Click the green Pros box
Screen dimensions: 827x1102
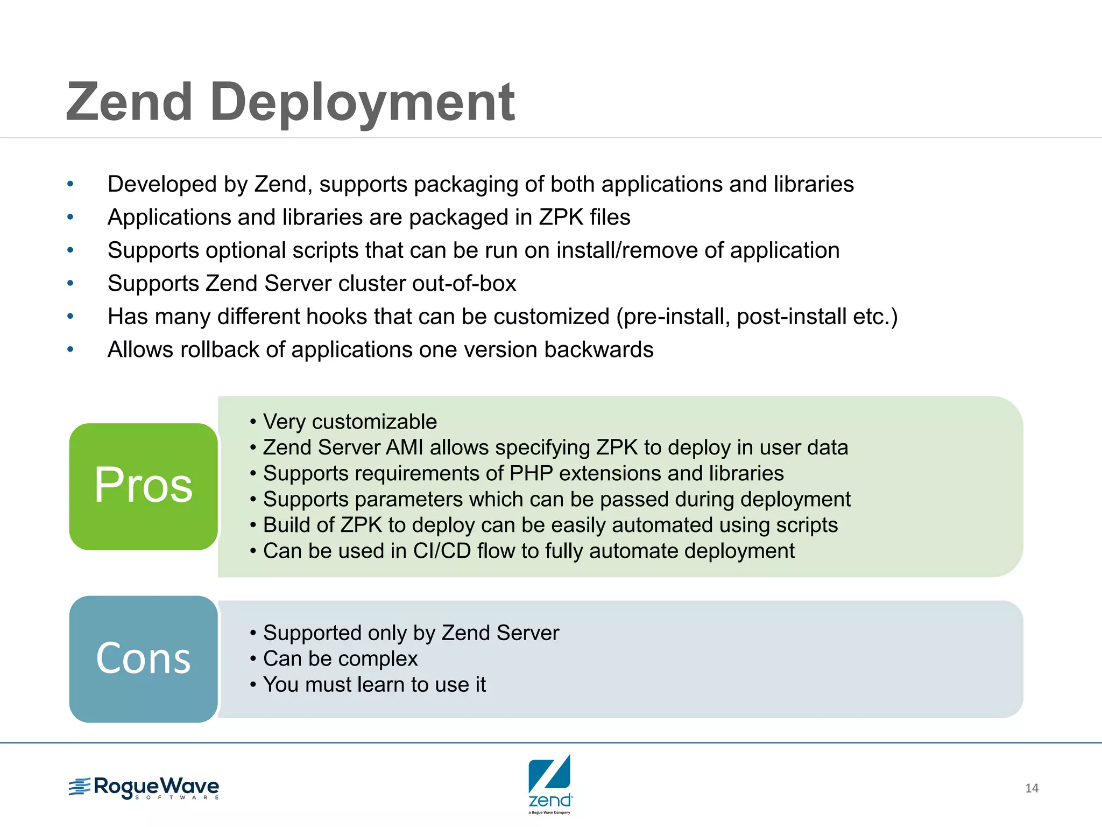click(x=143, y=486)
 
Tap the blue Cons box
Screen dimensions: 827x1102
click(x=143, y=658)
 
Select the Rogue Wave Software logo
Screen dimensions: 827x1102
click(x=144, y=788)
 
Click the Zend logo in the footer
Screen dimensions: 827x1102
click(x=549, y=783)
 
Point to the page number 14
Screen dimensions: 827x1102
click(x=1032, y=788)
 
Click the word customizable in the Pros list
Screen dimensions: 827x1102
click(x=375, y=422)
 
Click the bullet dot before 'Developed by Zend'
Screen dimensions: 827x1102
click(x=70, y=184)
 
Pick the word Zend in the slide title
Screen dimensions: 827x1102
click(x=129, y=102)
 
